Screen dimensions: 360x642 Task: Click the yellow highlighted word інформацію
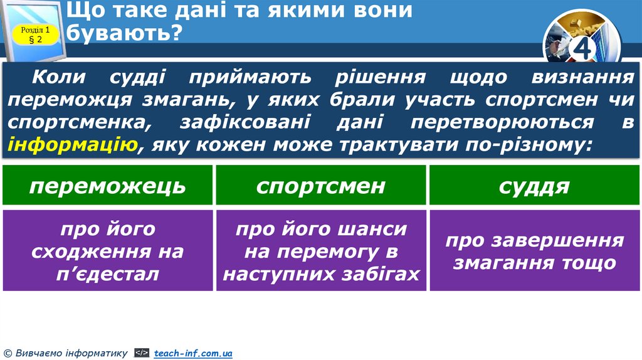point(73,146)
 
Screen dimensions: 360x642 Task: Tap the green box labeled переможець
point(107,186)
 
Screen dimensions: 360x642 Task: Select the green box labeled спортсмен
point(321,186)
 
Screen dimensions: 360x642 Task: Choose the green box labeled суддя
point(534,186)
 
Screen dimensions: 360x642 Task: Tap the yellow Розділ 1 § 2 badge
point(35,34)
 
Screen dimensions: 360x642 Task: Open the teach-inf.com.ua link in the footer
point(193,354)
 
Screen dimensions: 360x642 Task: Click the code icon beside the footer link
point(142,354)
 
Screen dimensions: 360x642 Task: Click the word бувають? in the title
point(124,33)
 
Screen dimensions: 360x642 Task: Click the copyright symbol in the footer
point(7,354)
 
